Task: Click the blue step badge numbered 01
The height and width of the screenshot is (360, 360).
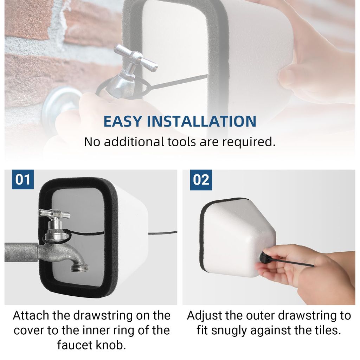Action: tap(23, 179)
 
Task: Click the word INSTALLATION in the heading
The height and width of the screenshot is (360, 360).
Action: tap(201, 121)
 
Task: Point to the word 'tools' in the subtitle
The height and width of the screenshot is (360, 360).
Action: tap(181, 142)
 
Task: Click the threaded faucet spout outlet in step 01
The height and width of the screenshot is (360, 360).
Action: tap(80, 268)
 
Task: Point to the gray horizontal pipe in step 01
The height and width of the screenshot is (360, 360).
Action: tap(21, 252)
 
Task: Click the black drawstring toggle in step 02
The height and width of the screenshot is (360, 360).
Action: tap(264, 257)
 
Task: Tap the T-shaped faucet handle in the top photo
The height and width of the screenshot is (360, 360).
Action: tap(135, 57)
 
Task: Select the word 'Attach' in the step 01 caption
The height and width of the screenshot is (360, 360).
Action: tap(31, 315)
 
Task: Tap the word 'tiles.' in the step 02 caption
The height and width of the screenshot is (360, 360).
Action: tap(327, 330)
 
